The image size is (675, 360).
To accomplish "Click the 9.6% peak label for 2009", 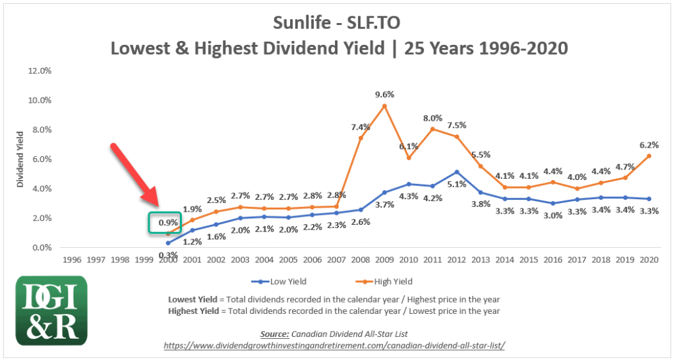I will click(x=384, y=94).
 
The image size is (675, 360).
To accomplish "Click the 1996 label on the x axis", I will click(x=72, y=260).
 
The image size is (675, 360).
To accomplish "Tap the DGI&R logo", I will click(x=51, y=309).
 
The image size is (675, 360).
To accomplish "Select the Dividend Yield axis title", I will click(x=20, y=159).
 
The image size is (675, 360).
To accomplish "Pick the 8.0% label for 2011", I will click(x=432, y=118).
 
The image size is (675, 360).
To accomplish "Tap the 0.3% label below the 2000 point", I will click(x=168, y=255).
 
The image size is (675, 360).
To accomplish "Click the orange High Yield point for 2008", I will click(x=361, y=138).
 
